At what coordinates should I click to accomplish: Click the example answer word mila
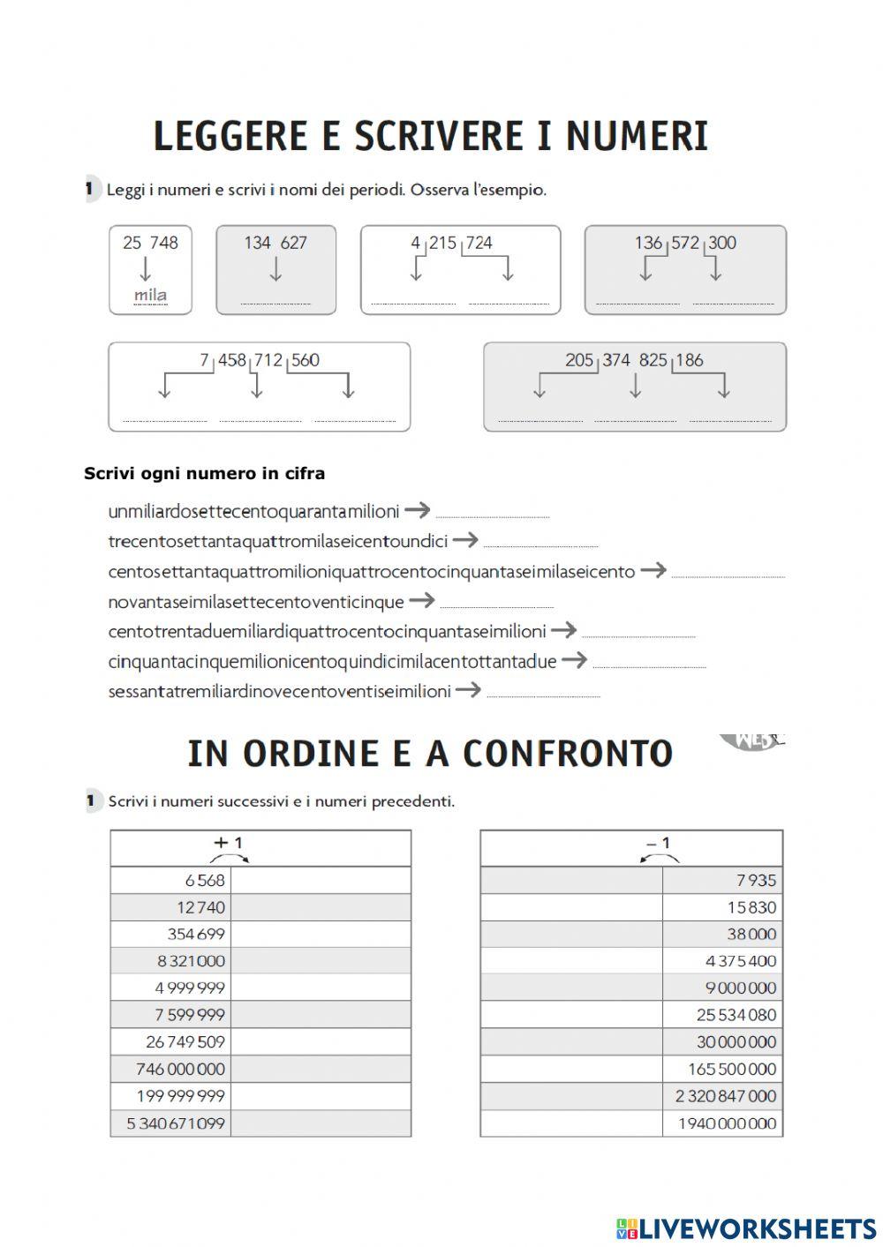[x=150, y=295]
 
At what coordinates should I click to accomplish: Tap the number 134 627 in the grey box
[x=275, y=243]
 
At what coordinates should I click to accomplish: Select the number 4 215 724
[x=451, y=243]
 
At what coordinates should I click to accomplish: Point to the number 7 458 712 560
[x=260, y=360]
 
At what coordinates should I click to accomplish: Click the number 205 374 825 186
[x=634, y=360]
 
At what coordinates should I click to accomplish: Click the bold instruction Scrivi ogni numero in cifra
[x=204, y=474]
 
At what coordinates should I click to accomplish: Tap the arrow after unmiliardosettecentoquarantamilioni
[x=417, y=509]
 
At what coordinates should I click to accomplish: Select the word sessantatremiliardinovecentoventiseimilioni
[x=279, y=691]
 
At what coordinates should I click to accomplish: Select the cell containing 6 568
[x=171, y=880]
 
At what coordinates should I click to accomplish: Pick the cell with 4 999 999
[x=171, y=988]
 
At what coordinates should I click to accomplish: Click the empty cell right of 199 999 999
[x=321, y=1096]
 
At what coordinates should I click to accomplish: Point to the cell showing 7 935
[x=721, y=880]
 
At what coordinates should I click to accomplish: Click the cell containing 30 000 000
[x=721, y=1041]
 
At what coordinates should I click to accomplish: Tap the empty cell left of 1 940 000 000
[x=571, y=1123]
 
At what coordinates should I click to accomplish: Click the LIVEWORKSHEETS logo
[x=746, y=1228]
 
